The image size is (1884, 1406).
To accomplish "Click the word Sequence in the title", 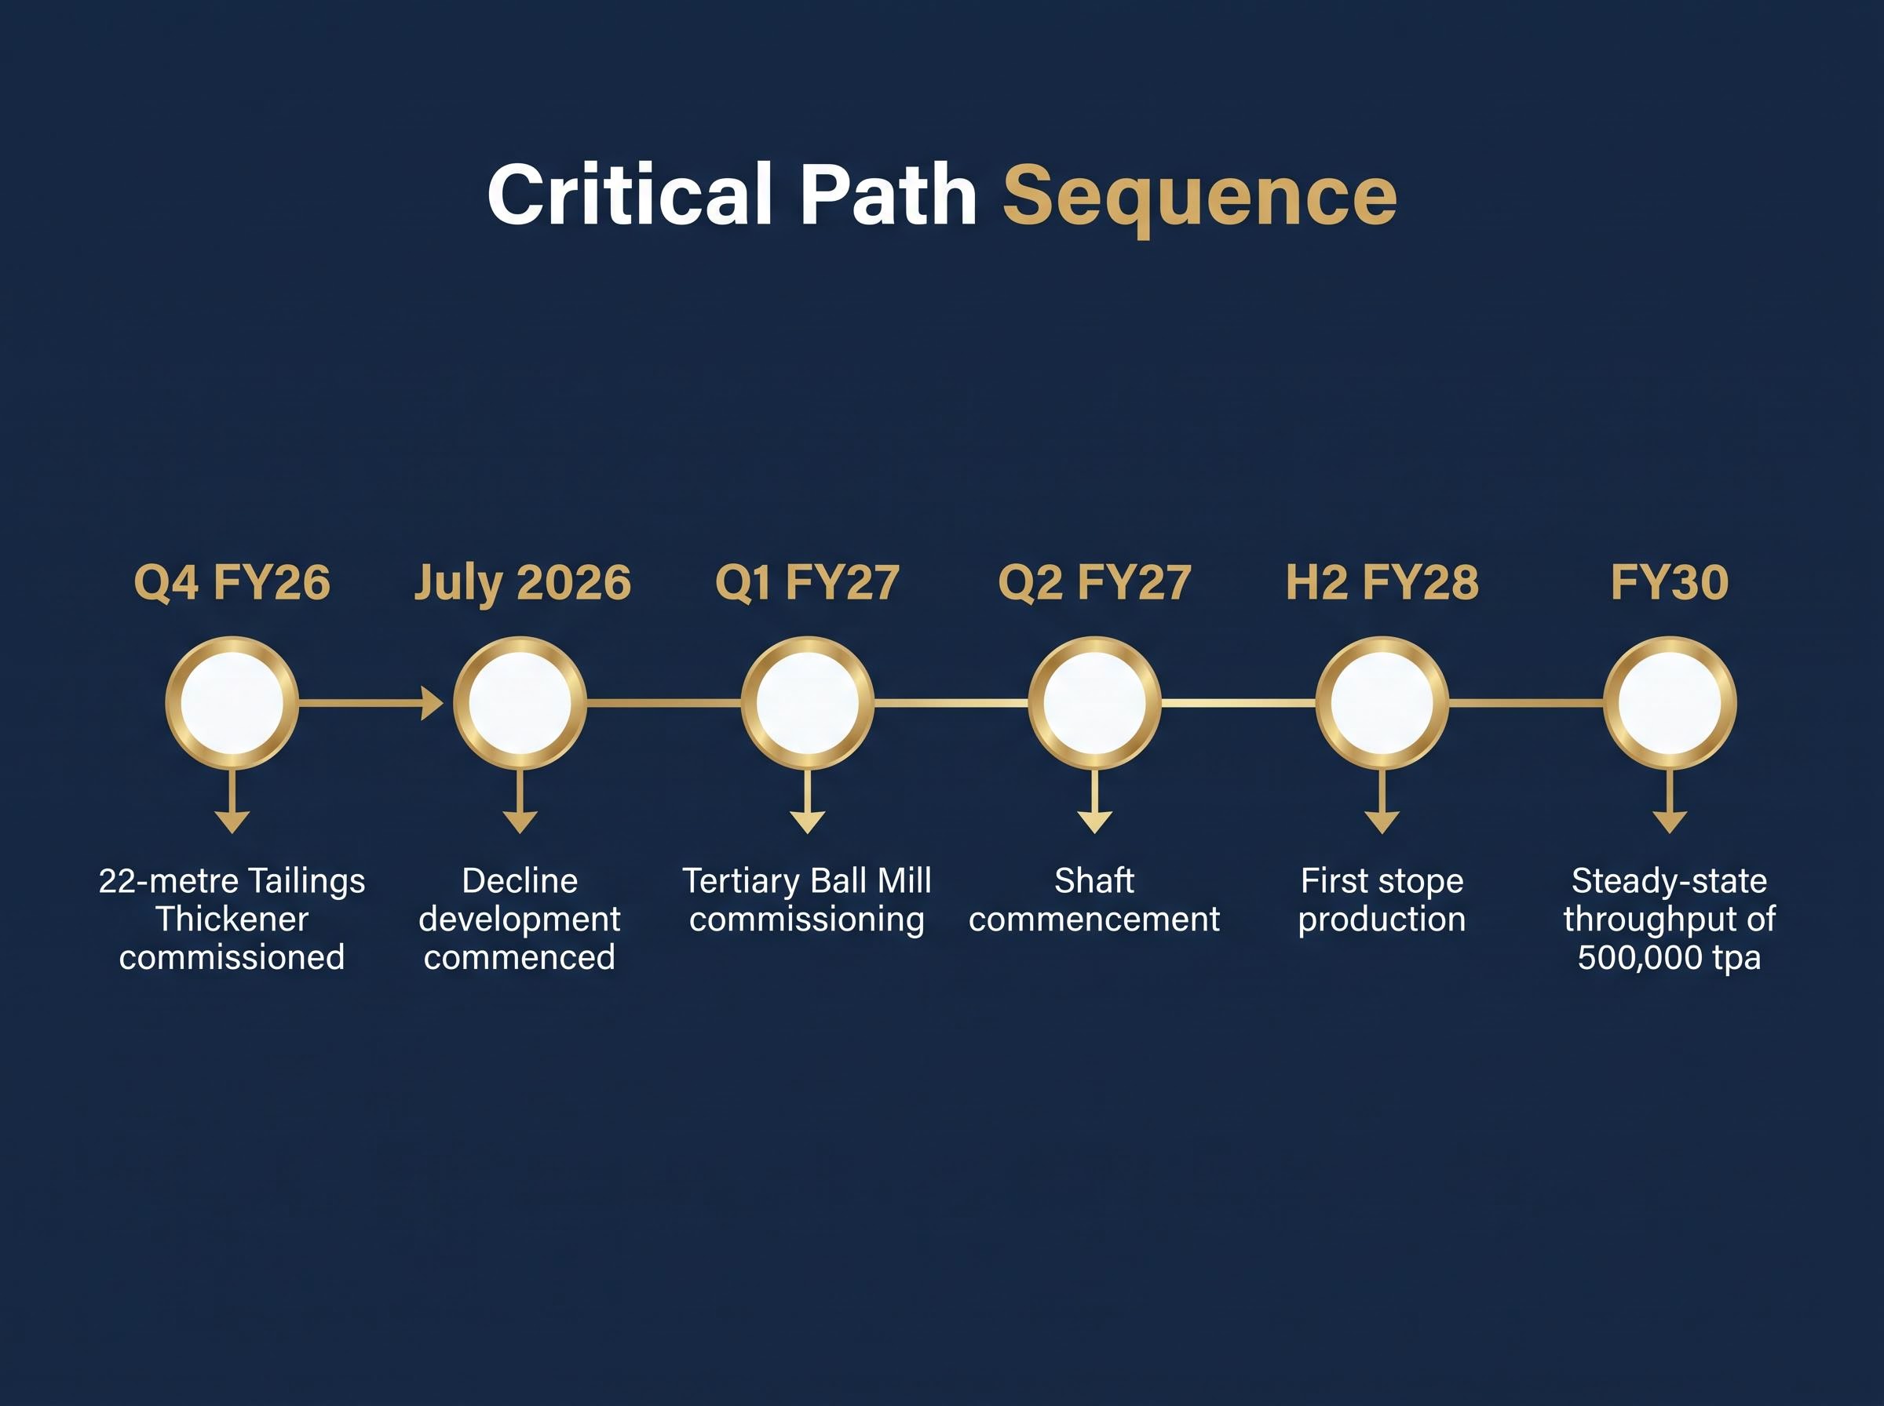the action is click(x=1199, y=198).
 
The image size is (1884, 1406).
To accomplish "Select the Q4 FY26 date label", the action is click(x=232, y=583).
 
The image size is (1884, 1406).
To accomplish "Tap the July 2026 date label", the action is click(x=522, y=584).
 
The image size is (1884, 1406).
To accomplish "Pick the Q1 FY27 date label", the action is click(x=807, y=583).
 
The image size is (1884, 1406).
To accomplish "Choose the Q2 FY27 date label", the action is click(x=1094, y=583).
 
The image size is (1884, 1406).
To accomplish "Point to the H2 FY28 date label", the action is click(x=1382, y=583).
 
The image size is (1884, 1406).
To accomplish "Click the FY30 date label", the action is click(x=1670, y=583).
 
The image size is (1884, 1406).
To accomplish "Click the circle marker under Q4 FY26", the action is click(x=232, y=703).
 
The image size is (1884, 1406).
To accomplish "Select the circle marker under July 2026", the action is click(x=520, y=703).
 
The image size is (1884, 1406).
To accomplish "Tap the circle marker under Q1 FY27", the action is click(x=807, y=703).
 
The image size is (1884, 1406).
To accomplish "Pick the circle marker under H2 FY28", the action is click(x=1382, y=703).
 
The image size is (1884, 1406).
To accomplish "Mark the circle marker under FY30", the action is click(x=1670, y=703).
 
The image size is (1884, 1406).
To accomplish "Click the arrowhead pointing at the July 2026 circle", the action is click(x=433, y=703).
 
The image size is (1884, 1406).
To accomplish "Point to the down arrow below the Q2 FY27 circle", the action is click(x=1095, y=801).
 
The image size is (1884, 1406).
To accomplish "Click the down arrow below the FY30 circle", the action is click(x=1670, y=801).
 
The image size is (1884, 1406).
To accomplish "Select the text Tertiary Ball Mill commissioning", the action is click(x=807, y=901).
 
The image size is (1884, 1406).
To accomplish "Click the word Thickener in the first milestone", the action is click(x=232, y=920).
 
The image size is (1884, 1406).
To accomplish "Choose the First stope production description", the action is click(x=1382, y=901).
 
